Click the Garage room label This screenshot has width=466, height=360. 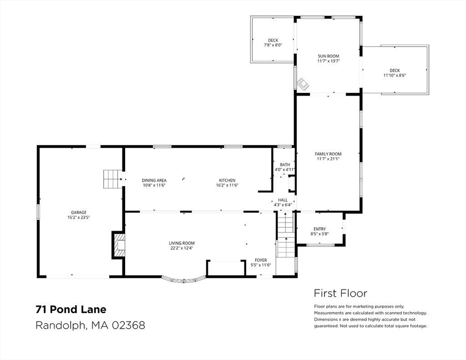[x=79, y=212]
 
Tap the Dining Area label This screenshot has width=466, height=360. [x=154, y=180]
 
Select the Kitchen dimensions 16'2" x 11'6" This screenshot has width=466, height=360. [x=227, y=185]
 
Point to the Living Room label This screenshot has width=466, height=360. [x=181, y=243]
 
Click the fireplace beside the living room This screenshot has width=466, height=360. [x=119, y=245]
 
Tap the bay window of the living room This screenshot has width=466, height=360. [x=184, y=279]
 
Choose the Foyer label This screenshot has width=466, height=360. [x=261, y=260]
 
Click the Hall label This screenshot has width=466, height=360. [x=283, y=200]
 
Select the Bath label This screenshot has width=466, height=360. [x=285, y=165]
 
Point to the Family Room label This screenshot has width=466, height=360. [x=328, y=154]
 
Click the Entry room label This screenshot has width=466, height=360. [x=319, y=229]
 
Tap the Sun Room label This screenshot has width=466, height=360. [x=328, y=56]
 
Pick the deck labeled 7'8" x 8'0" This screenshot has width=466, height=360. [x=273, y=40]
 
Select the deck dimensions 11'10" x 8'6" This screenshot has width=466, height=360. [x=395, y=75]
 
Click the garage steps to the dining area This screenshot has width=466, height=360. [x=113, y=179]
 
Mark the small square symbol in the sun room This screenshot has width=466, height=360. [x=303, y=84]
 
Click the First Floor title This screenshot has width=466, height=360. [x=340, y=293]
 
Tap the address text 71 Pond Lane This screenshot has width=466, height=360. [x=71, y=309]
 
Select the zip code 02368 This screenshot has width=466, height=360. [x=128, y=325]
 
